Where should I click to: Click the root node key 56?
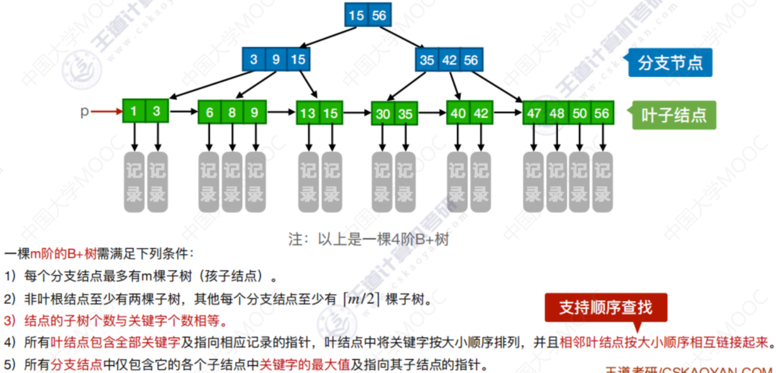pyautogui.click(x=379, y=15)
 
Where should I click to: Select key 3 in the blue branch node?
pyautogui.click(x=254, y=60)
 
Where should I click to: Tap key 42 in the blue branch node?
pyautogui.click(x=449, y=60)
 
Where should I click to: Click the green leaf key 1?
pyautogui.click(x=134, y=111)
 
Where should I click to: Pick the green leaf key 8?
pyautogui.click(x=232, y=113)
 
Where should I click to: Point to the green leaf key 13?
pyautogui.click(x=308, y=114)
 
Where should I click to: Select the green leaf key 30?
pyautogui.click(x=383, y=114)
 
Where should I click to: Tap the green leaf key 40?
pyautogui.click(x=458, y=113)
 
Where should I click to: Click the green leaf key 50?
pyautogui.click(x=579, y=113)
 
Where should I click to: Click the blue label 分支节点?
pyautogui.click(x=670, y=63)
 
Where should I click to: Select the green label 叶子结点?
pyautogui.click(x=673, y=115)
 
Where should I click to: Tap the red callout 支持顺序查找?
pyautogui.click(x=605, y=307)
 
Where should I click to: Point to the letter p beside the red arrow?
pyautogui.click(x=85, y=111)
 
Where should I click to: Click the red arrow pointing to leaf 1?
pyautogui.click(x=107, y=112)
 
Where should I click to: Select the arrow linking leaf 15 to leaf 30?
pyautogui.click(x=356, y=113)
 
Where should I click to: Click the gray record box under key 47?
pyautogui.click(x=534, y=182)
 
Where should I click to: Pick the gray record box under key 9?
pyautogui.click(x=255, y=182)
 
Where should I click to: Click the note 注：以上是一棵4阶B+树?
pyautogui.click(x=368, y=239)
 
